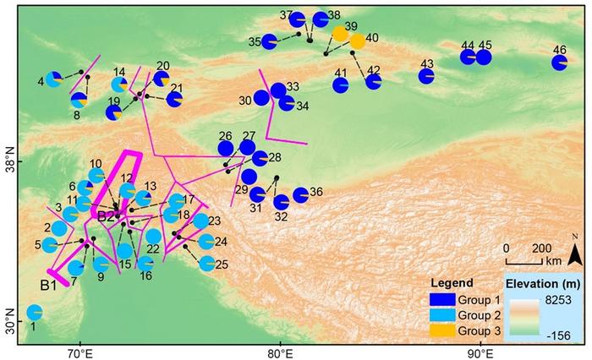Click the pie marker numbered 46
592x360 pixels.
(x=559, y=63)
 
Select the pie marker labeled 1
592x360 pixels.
(x=35, y=313)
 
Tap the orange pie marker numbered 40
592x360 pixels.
(x=357, y=41)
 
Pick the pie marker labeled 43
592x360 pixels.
(x=426, y=76)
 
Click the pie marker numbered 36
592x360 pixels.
(x=300, y=195)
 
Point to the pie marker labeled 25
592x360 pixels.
(x=206, y=263)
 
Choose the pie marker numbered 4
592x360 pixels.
(x=54, y=79)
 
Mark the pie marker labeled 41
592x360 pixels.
(x=341, y=85)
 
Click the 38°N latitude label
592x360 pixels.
(x=10, y=161)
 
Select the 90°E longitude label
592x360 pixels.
(x=480, y=352)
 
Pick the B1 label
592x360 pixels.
(x=47, y=286)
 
